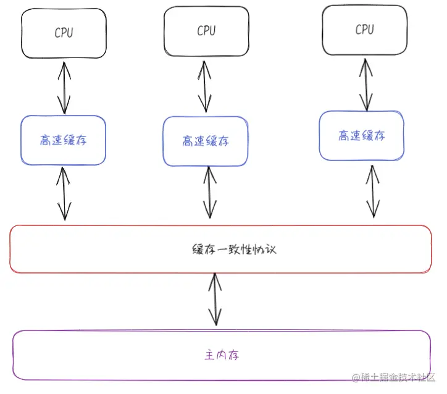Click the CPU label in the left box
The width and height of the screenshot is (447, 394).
[x=64, y=33]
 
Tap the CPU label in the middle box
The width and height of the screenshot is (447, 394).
[x=206, y=31]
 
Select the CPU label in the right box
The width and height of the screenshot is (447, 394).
[x=365, y=30]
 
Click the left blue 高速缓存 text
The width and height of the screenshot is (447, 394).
[x=64, y=140]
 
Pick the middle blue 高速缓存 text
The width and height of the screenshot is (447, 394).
[x=206, y=141]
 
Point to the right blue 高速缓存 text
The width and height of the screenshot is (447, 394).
[x=362, y=135]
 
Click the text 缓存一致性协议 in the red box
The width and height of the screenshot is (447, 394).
[x=235, y=249]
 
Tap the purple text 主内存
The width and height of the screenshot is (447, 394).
[x=222, y=355]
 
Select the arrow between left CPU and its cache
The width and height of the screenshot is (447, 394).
[x=64, y=88]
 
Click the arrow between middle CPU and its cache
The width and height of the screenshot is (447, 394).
[x=205, y=86]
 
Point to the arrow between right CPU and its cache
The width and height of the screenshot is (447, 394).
[x=366, y=85]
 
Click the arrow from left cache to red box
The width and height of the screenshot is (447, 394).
[x=64, y=193]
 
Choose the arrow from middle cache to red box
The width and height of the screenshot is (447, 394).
[x=210, y=193]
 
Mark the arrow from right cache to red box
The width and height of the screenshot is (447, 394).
[x=373, y=191]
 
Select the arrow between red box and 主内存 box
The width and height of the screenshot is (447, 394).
[x=215, y=300]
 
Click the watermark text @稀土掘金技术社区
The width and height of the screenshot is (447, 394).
[x=394, y=377]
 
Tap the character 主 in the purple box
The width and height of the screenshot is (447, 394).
[x=210, y=355]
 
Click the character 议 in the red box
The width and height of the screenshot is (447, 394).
[x=270, y=249]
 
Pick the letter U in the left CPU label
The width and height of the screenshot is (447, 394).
[x=70, y=33]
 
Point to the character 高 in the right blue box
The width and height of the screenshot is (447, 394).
[x=344, y=135]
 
